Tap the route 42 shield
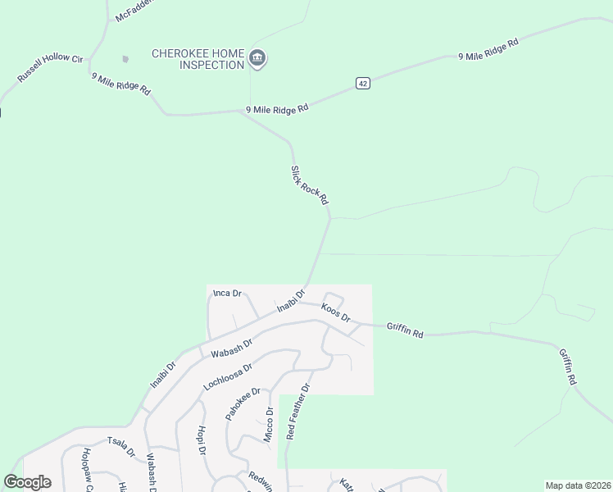[363, 83]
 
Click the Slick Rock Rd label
[310, 185]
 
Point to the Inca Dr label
[227, 293]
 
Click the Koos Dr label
[336, 312]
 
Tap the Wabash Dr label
[230, 347]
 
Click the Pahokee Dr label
[243, 403]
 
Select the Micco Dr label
[268, 426]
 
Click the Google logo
[28, 482]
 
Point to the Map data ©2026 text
[578, 485]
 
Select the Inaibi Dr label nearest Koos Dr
[291, 300]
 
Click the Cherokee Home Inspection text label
[198, 59]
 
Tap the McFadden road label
[134, 11]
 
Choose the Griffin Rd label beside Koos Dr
[405, 330]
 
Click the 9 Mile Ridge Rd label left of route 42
[278, 109]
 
